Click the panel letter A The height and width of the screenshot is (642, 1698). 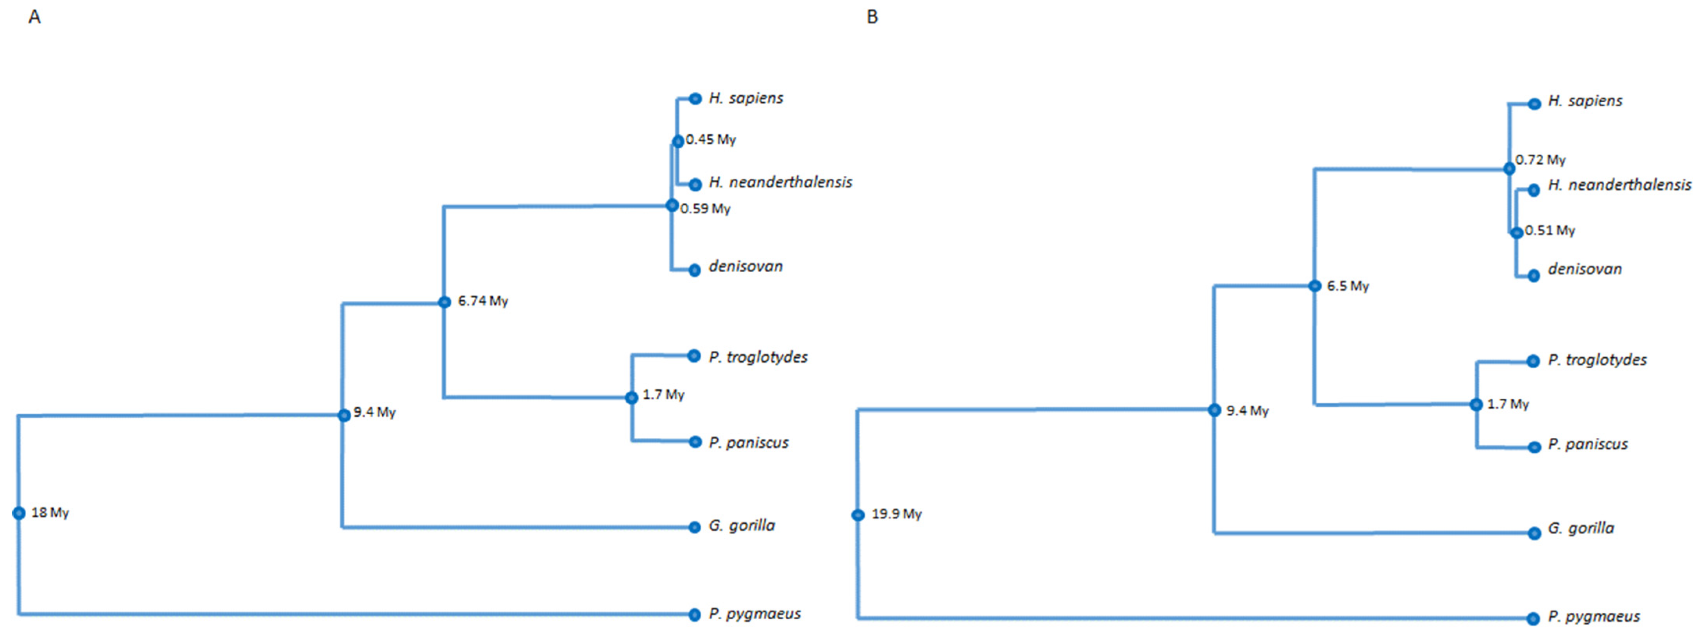point(35,17)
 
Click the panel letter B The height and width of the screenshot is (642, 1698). point(872,17)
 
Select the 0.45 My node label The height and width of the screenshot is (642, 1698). point(711,140)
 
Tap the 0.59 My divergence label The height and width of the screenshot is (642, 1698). point(705,209)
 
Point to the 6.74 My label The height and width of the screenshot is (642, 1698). point(483,301)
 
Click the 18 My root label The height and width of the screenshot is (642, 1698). point(50,513)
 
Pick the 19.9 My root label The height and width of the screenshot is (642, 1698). point(896,514)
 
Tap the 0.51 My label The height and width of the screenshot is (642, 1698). point(1550,231)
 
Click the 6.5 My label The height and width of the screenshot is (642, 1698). point(1348,286)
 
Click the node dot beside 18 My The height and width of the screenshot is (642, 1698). point(19,513)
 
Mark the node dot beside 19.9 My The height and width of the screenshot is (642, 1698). point(858,515)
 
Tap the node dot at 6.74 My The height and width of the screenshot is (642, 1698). point(445,302)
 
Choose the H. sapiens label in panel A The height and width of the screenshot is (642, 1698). point(745,98)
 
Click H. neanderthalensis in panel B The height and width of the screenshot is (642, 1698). point(1619,185)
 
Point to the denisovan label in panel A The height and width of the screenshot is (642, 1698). point(745,266)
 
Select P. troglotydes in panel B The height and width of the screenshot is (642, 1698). point(1597,360)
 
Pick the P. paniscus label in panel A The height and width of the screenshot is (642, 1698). point(748,442)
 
